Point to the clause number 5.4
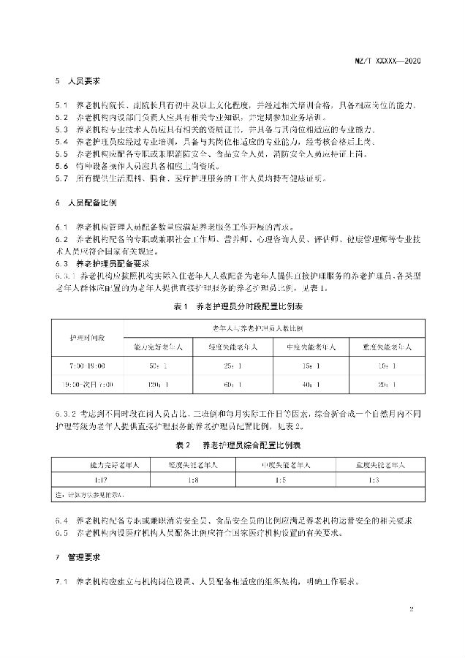coord(61,141)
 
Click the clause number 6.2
coord(61,238)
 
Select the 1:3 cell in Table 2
coord(373,480)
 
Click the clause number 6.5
coord(61,532)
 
